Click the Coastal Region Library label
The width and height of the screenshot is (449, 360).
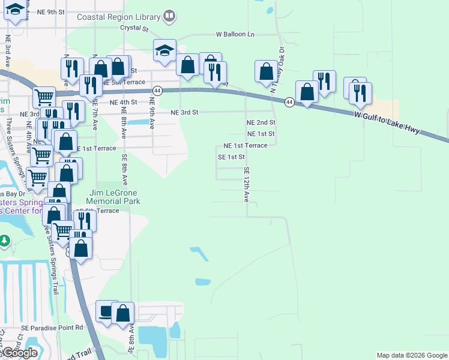(x=119, y=17)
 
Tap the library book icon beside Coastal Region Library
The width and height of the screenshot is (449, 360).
(x=169, y=16)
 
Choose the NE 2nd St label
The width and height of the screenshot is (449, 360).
(x=261, y=122)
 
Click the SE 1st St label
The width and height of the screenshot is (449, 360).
(x=232, y=157)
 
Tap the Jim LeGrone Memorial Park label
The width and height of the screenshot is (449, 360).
(x=114, y=197)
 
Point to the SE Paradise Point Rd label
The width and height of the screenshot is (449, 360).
(x=52, y=328)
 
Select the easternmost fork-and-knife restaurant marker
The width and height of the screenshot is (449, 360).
(x=360, y=93)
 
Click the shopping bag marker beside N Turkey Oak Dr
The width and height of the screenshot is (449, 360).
(x=266, y=71)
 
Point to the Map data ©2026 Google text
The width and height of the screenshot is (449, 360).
(x=412, y=355)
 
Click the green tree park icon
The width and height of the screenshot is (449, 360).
(x=5, y=241)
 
